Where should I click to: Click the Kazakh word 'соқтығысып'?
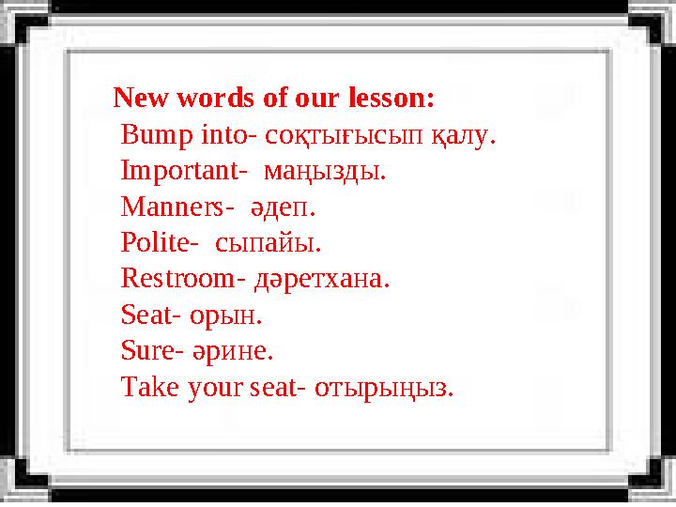click(x=344, y=137)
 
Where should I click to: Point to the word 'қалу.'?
click(x=463, y=137)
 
